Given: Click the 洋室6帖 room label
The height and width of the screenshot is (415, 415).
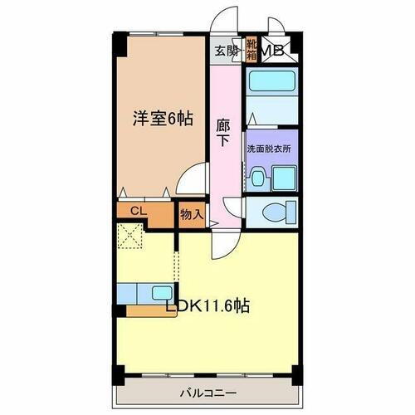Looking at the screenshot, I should tap(163, 119).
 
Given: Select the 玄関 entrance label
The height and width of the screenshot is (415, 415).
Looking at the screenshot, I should tap(225, 51).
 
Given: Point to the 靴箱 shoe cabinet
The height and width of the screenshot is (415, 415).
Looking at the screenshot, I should tap(250, 51).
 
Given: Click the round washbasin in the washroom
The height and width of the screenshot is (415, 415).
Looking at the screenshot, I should tap(257, 177).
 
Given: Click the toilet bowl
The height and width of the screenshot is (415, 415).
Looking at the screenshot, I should tap(275, 213).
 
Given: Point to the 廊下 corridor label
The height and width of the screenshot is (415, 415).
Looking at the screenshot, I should tap(223, 134).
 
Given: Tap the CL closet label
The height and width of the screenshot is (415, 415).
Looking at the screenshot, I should tap(138, 212).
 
